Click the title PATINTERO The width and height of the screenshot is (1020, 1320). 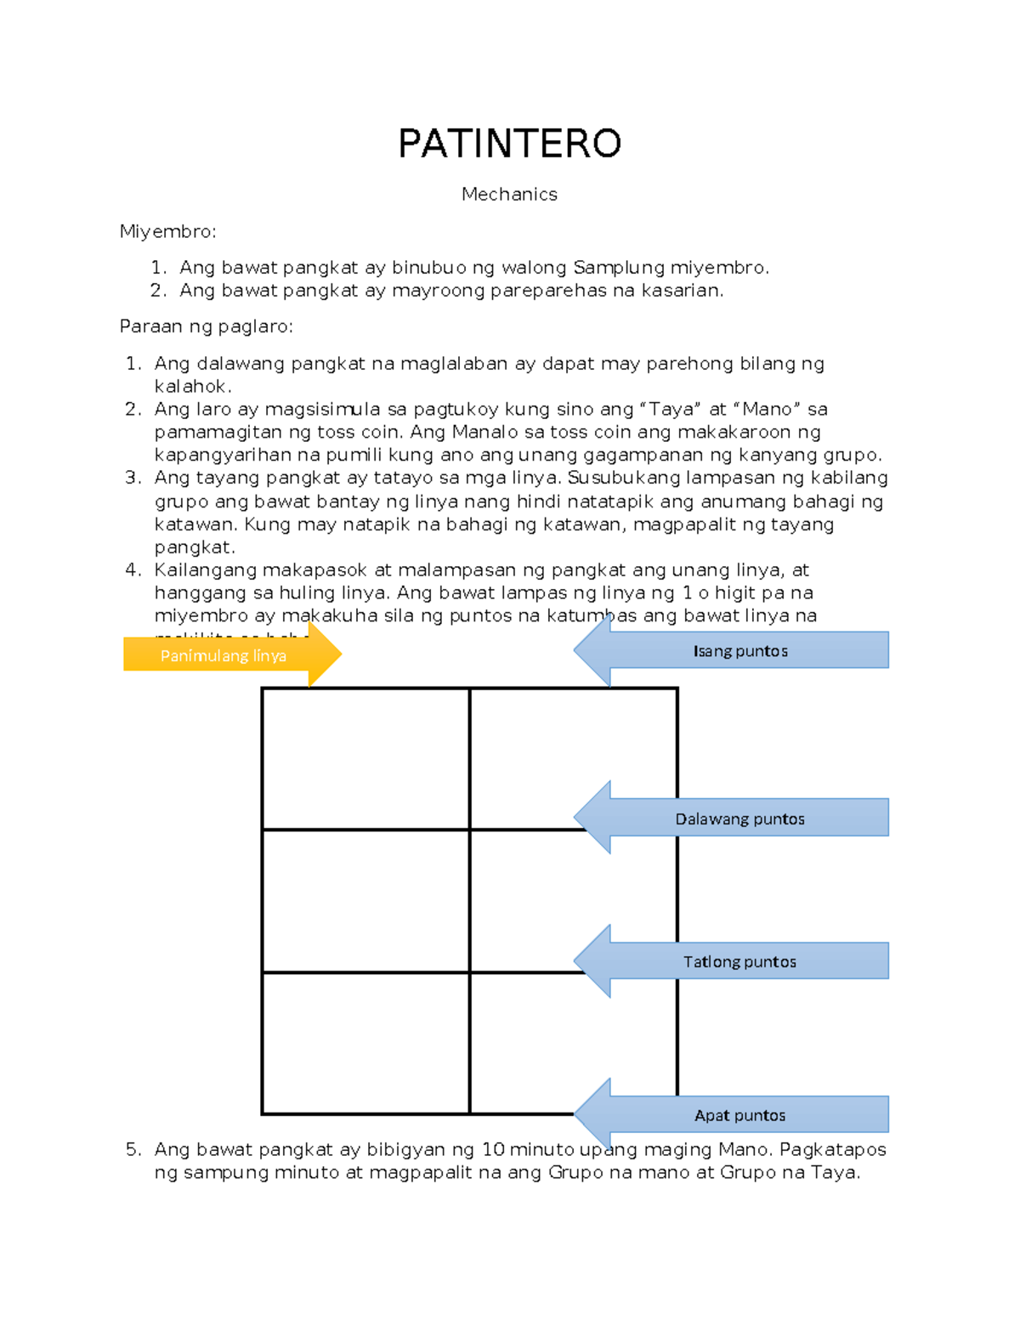tap(509, 144)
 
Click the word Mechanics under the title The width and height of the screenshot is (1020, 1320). tap(509, 194)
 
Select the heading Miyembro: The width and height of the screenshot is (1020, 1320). tap(167, 231)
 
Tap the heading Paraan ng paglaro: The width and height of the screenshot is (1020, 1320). tap(206, 326)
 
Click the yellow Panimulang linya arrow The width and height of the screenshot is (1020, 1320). tap(224, 655)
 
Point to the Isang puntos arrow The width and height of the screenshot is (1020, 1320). tap(739, 651)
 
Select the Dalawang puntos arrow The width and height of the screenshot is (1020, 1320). tap(739, 819)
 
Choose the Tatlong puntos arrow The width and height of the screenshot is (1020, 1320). tap(739, 961)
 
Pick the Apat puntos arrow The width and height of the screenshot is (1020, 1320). tap(739, 1115)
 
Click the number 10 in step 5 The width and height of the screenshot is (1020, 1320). tap(493, 1149)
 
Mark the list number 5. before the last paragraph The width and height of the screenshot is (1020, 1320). tap(133, 1149)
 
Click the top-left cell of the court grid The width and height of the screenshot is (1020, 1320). tap(365, 758)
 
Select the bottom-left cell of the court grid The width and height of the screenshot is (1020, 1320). tap(365, 1043)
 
